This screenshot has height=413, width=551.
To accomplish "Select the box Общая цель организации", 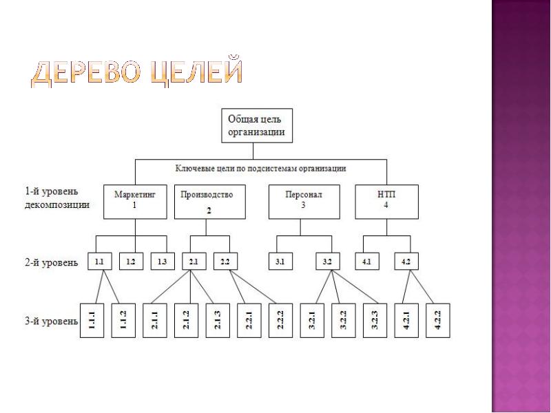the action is point(257,125).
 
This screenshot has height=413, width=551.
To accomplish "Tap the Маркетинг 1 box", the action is point(135,202).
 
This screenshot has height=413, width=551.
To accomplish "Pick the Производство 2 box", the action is point(210,202).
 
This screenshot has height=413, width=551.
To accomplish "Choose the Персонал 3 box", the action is point(304,202).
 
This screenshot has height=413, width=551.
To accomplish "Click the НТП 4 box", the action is point(387,202).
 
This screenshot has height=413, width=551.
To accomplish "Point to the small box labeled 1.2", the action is point(131,262).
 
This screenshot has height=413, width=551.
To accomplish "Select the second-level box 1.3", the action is point(163,262).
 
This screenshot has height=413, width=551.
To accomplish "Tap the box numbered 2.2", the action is point(226,262).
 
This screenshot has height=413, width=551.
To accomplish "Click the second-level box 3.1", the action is point(280,262).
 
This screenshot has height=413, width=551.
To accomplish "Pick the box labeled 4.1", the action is point(367,262).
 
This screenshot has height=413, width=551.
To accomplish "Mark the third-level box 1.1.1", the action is point(92,320).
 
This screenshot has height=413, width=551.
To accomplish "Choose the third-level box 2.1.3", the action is point(218,320).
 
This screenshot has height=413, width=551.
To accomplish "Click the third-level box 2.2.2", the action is point(280,320).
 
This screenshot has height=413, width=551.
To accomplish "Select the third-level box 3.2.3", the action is point(375,320).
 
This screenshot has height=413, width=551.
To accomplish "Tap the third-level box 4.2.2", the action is point(438,320).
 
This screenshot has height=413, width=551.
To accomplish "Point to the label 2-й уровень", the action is point(51,262).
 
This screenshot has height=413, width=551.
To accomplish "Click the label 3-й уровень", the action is point(51,321).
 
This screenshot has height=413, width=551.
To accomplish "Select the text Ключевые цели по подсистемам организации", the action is point(261,168).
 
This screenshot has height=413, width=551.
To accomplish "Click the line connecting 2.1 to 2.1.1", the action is point(170,287).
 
